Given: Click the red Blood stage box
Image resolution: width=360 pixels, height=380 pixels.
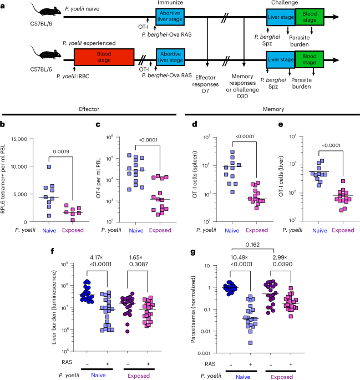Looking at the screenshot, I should (104, 57).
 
